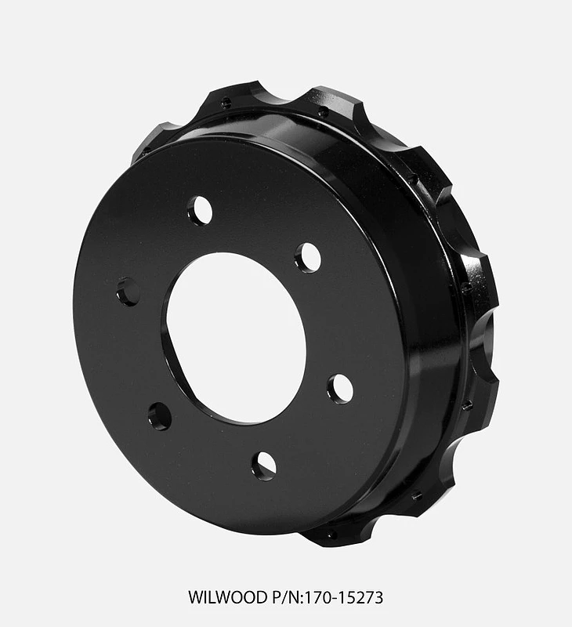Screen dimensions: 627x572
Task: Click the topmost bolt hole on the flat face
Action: pos(200,211)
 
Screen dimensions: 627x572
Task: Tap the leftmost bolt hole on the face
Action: pos(128,292)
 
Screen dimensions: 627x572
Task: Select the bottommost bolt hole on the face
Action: pos(263,466)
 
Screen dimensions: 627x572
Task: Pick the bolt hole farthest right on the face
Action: pos(340,389)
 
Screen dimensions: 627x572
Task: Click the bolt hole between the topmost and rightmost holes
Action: pos(308,257)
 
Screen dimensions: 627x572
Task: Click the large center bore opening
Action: pos(235,337)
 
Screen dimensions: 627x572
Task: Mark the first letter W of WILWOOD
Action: pos(195,597)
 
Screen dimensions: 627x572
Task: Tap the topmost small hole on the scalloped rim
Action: pos(226,101)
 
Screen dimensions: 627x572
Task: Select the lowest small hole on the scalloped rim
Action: pos(332,535)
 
